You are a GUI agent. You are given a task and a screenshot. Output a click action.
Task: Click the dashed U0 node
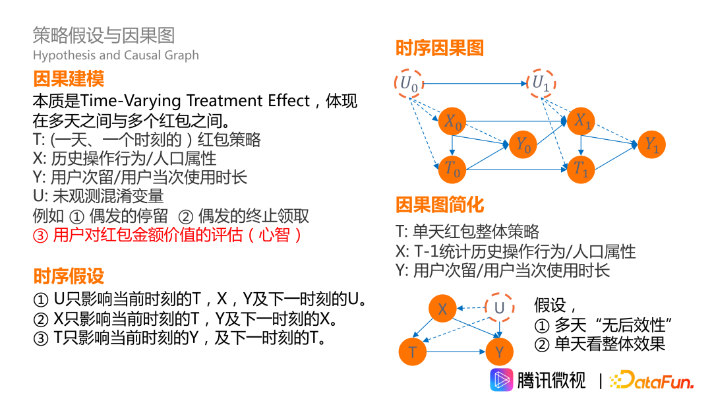coord(409,83)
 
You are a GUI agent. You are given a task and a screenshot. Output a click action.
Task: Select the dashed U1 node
coord(541,83)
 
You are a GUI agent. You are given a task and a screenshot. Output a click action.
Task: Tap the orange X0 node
coord(453,121)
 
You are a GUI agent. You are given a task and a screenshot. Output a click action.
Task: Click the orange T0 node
coord(453,169)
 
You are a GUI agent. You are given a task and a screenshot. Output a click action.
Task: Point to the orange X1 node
coord(581,121)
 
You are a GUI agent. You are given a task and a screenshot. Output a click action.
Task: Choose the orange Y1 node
coord(651,144)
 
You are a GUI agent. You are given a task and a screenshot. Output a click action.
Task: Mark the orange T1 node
coord(581,169)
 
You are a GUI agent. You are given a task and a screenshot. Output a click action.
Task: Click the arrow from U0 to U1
coord(475,84)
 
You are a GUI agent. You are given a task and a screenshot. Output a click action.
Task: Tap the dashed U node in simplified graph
coord(499,308)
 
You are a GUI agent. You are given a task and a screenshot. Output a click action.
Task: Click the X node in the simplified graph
coord(443,309)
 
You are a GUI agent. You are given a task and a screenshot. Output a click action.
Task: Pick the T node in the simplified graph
coord(413,352)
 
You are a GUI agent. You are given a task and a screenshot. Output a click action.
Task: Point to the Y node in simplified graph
coord(499,352)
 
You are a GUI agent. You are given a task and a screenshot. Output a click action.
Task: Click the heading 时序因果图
coord(440,48)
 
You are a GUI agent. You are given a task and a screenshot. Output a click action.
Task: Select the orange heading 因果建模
coord(69,80)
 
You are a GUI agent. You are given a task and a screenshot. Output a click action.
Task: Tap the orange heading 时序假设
coord(69,276)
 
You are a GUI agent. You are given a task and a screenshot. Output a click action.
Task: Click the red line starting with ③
coord(168,235)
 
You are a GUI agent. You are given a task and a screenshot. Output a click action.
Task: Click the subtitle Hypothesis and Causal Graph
coord(115,55)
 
